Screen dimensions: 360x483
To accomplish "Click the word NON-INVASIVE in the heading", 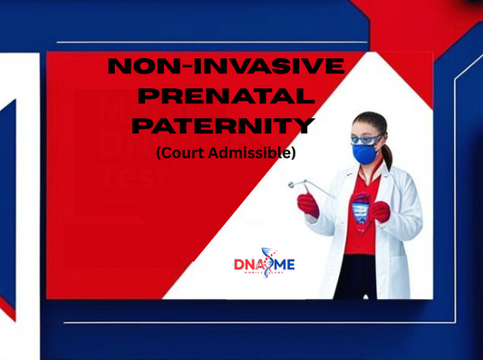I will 226,67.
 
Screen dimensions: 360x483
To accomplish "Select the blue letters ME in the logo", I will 283,264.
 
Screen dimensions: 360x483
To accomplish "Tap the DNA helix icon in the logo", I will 266,262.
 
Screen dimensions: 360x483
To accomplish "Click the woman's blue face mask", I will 365,154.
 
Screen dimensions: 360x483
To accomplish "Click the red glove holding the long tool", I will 309,205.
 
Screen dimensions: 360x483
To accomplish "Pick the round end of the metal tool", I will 292,184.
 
